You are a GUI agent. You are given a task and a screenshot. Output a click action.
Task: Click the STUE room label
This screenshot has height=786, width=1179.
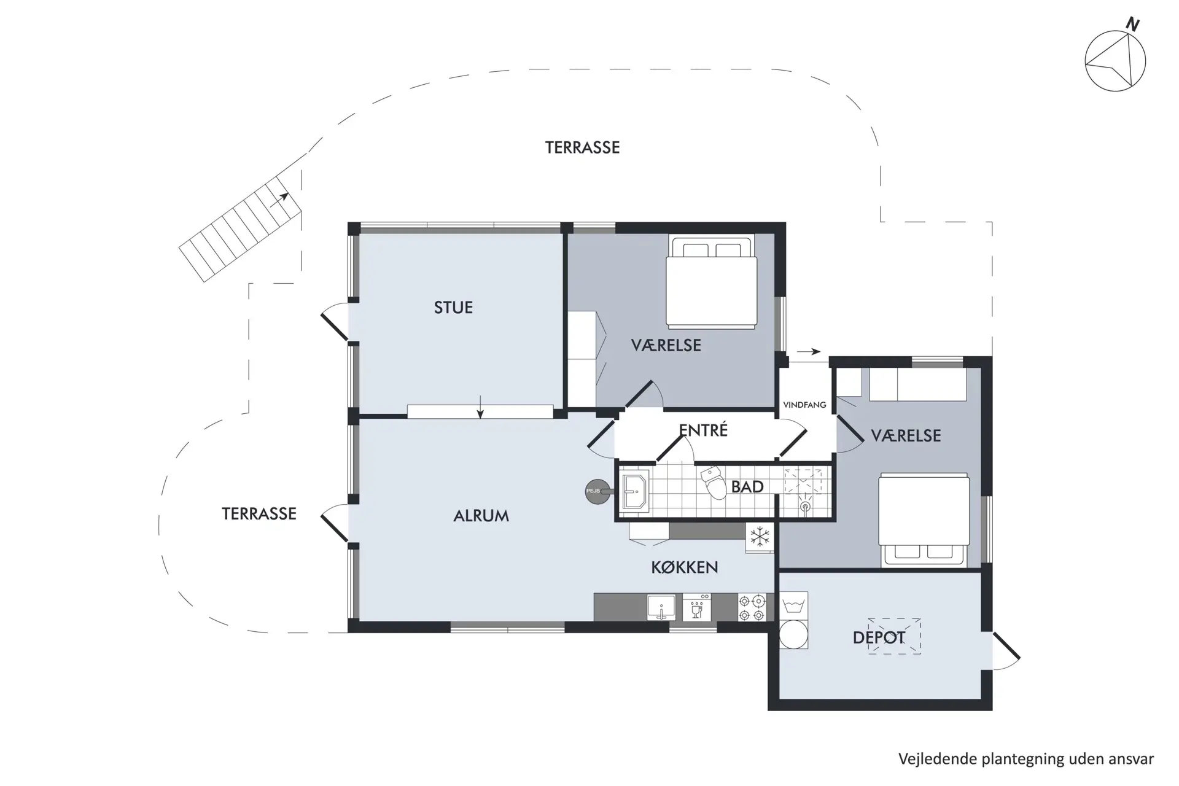point(453,308)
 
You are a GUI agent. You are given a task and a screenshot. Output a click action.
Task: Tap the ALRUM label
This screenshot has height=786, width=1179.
point(481,516)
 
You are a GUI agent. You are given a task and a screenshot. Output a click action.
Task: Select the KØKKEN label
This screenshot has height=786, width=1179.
point(684,567)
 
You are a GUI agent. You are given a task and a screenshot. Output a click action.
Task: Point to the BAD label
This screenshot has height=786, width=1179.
point(747,487)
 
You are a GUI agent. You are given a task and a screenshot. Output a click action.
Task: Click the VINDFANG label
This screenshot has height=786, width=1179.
point(804,405)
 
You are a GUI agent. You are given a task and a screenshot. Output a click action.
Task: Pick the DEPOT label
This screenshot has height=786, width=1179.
point(879,637)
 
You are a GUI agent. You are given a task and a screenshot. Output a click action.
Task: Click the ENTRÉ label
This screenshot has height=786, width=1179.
point(703,430)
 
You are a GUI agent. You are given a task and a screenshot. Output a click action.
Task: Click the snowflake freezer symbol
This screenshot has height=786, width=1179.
point(760,537)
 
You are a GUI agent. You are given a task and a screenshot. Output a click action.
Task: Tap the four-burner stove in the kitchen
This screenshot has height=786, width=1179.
point(752,607)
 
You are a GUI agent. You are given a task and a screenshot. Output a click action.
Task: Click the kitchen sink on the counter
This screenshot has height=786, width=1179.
point(661,608)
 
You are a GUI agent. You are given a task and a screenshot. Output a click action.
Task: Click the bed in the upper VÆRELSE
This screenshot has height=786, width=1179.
point(712,283)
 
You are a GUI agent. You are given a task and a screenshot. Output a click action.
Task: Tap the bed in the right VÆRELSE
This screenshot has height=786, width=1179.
point(924,519)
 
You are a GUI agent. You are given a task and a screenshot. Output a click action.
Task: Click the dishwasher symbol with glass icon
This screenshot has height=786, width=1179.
point(696,608)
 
